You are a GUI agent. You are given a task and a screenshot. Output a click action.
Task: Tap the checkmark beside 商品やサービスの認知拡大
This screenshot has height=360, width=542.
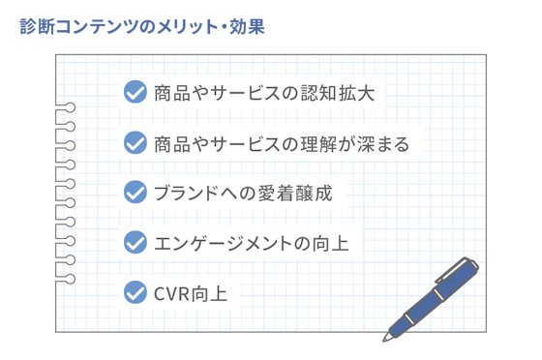point(136,93)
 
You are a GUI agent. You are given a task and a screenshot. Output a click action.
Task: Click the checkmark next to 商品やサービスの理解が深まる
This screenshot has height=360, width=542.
point(136,143)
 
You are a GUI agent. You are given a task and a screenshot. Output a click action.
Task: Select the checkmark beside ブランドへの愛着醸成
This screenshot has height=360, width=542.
point(136,192)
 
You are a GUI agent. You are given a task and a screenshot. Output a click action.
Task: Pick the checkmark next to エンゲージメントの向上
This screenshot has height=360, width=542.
point(136,241)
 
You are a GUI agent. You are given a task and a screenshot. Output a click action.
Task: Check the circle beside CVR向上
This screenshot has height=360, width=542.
point(136,289)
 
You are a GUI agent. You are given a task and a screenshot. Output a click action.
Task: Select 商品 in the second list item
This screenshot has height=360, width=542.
point(165,143)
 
